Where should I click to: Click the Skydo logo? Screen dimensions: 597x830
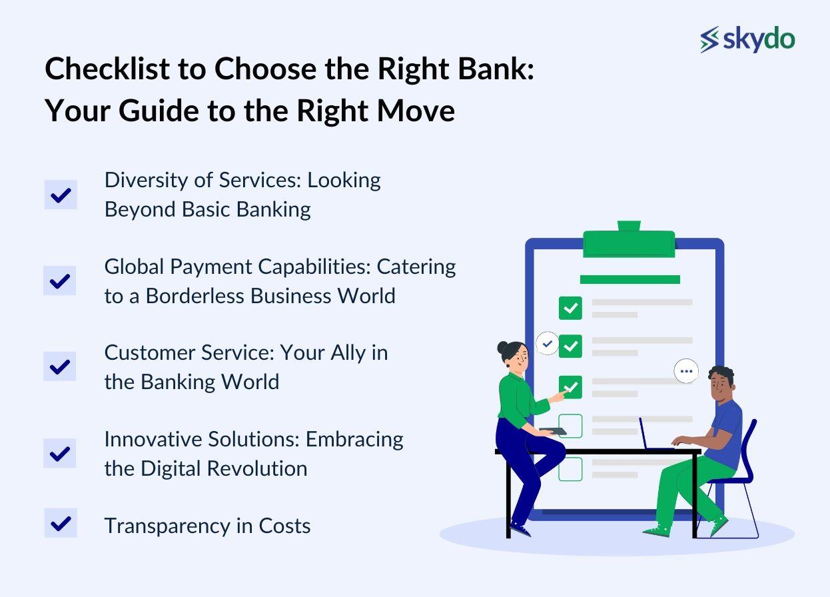point(747,39)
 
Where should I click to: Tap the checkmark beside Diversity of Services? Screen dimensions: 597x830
point(61,195)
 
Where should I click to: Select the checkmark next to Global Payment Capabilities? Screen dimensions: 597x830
point(60,281)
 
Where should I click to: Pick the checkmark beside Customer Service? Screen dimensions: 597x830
point(60,366)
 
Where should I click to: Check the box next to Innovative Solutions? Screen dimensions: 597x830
point(60,453)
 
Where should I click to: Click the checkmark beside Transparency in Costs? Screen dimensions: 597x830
point(61,523)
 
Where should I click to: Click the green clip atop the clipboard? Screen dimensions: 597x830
point(629,241)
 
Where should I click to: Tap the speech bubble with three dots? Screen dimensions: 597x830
point(686,371)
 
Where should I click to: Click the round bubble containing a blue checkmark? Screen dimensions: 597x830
point(548,344)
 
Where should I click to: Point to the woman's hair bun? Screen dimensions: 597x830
point(503,348)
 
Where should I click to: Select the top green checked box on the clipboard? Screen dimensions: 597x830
point(570,308)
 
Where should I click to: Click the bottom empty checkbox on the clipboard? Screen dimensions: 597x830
point(570,469)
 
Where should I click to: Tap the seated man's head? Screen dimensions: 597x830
point(720,385)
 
